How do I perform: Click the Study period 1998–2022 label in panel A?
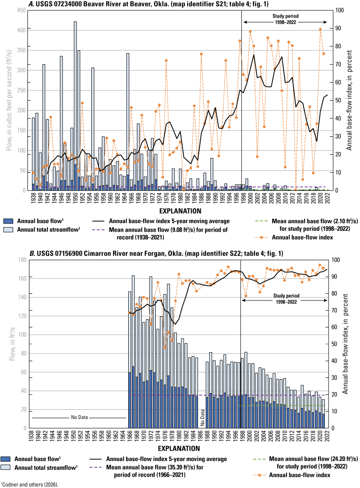click(x=285, y=19)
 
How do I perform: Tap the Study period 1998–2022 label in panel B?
click(x=285, y=299)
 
